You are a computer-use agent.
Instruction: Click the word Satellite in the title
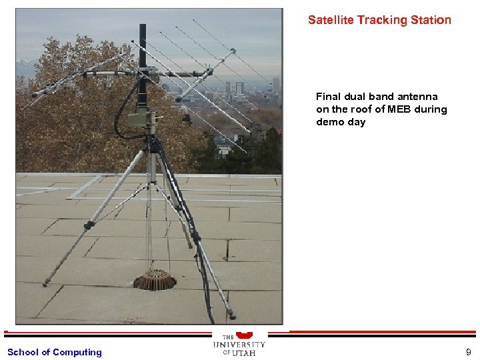click(331, 20)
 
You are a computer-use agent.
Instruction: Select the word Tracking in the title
click(381, 20)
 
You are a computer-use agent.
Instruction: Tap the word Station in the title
click(431, 20)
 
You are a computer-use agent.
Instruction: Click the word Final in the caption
click(327, 97)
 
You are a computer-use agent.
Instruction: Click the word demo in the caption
click(330, 122)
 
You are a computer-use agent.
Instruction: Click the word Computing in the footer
click(77, 352)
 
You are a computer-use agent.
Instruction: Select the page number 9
click(469, 352)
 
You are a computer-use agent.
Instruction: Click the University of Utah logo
click(239, 344)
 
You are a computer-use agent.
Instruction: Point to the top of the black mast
click(142, 27)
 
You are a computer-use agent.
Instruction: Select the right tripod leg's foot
click(231, 315)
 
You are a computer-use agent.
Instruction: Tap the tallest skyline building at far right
click(276, 85)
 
